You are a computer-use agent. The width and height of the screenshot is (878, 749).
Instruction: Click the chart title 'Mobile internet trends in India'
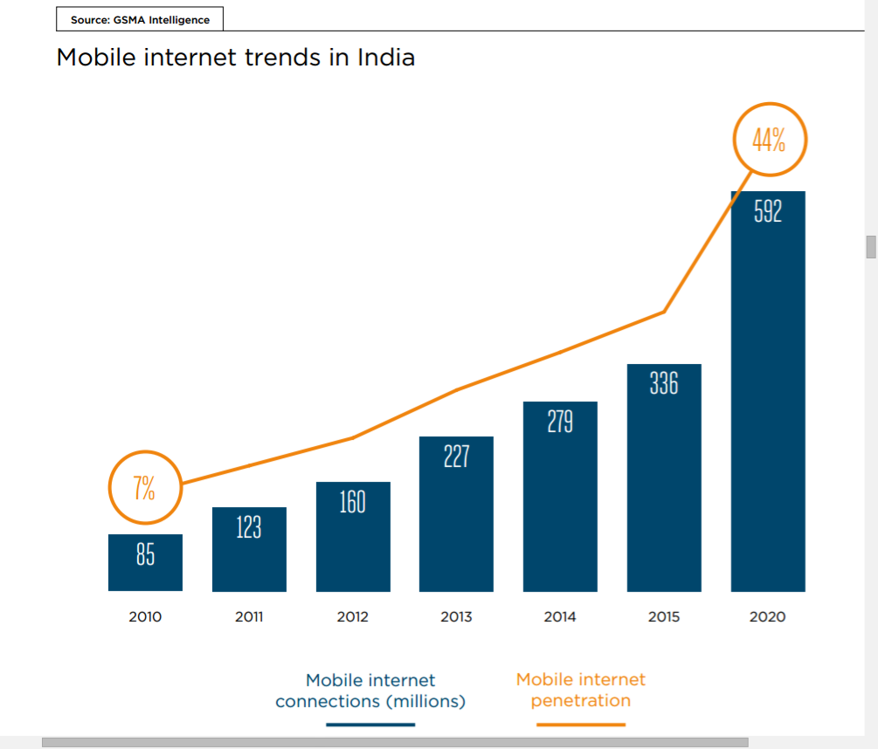pos(235,58)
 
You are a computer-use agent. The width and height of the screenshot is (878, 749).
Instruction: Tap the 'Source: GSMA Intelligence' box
pos(140,19)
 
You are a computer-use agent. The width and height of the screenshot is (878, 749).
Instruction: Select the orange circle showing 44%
pos(768,141)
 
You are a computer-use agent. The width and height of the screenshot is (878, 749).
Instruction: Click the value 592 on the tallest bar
pos(768,212)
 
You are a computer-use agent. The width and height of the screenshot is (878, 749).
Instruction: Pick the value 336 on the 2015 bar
pos(664,383)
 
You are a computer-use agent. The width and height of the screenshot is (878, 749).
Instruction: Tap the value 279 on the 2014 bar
pos(560,422)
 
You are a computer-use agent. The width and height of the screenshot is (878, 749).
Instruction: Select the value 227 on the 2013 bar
pos(456,457)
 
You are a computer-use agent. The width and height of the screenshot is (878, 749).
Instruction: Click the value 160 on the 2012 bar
pos(352,502)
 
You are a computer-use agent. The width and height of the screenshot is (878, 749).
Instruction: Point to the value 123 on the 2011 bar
pos(249,527)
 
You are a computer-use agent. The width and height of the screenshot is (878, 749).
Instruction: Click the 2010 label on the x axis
pos(145,617)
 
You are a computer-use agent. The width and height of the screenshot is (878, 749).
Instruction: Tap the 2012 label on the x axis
pos(352,617)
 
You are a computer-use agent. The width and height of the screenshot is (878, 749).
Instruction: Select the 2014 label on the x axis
pos(560,617)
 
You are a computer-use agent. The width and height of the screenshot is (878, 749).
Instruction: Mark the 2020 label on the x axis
pos(768,617)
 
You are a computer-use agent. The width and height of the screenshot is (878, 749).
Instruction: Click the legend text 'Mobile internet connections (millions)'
pos(370,691)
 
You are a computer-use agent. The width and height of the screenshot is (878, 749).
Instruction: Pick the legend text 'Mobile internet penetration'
pos(581,690)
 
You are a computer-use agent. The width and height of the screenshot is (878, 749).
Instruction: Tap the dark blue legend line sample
pos(370,725)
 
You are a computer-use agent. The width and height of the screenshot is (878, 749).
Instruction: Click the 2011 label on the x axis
pos(249,617)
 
